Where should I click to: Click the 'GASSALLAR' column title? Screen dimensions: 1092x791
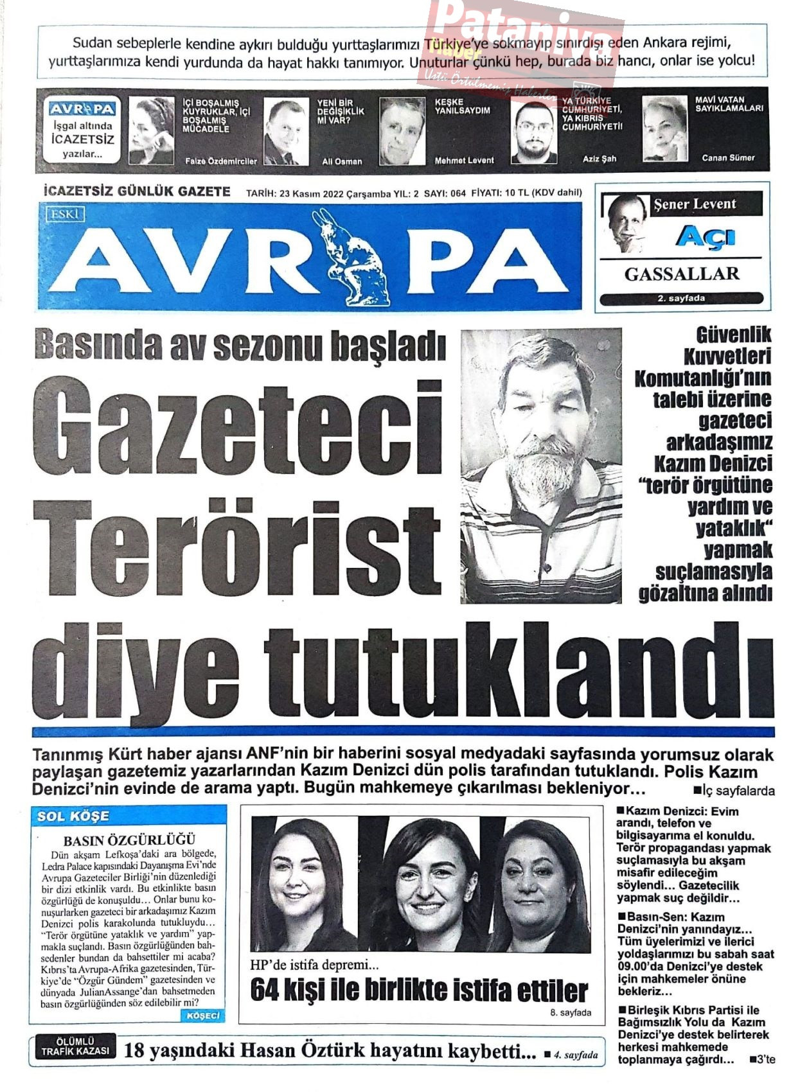pos(682,274)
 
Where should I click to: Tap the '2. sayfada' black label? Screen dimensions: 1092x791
pos(681,298)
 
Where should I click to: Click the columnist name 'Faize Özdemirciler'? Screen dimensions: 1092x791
pos(220,161)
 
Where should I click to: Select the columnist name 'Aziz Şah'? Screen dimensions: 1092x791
pos(599,159)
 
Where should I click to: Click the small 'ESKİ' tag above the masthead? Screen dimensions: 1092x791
pos(66,215)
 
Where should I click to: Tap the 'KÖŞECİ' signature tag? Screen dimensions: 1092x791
pos(202,1016)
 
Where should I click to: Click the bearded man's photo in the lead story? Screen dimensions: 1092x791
pos(541,466)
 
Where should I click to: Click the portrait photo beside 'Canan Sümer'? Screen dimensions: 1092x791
pos(664,129)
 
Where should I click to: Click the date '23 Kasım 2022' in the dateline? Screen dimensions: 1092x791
pos(312,193)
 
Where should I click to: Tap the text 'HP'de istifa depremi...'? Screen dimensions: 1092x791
pos(315,965)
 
